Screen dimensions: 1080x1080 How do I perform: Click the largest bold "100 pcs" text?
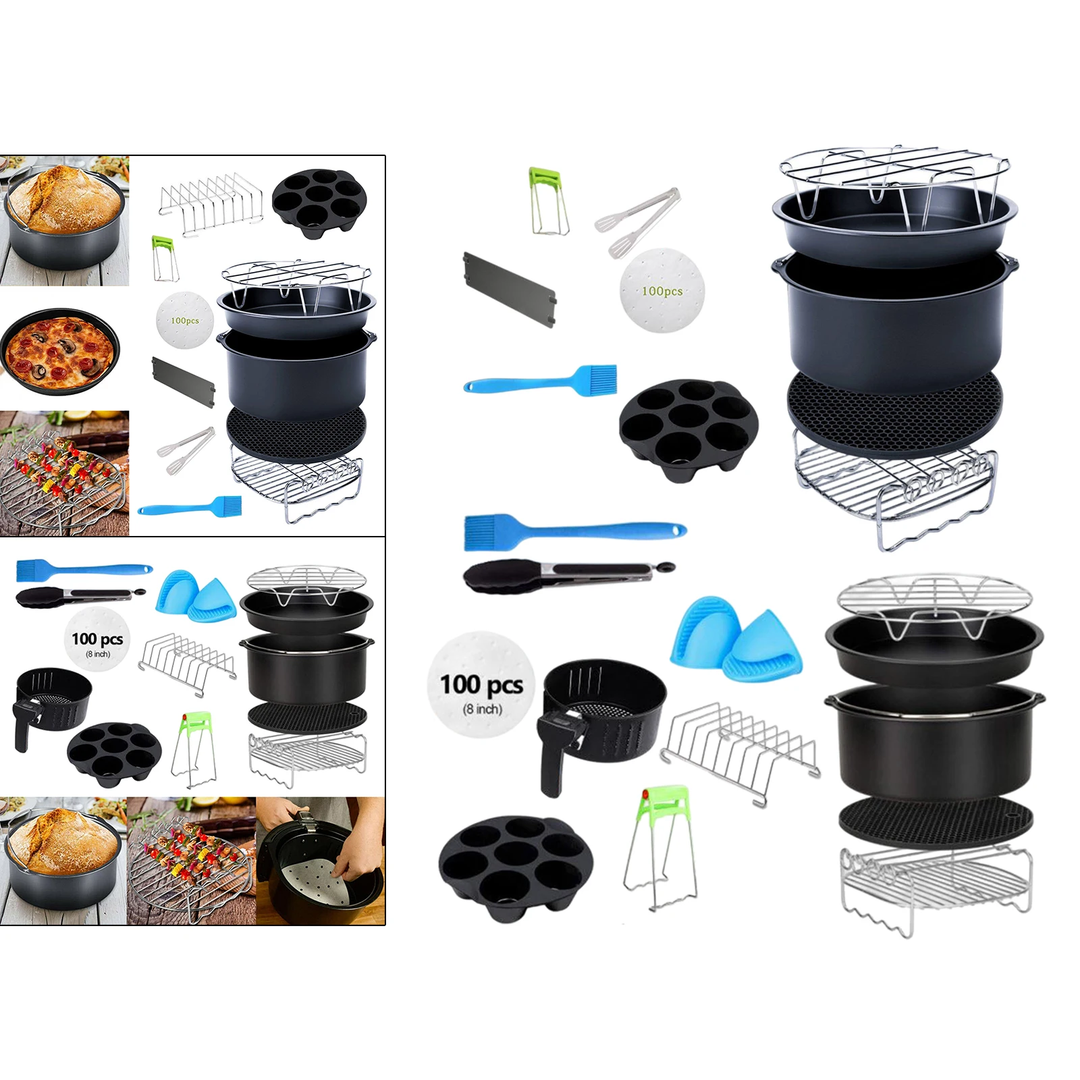[481, 684]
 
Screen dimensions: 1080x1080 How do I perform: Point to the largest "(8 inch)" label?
[482, 709]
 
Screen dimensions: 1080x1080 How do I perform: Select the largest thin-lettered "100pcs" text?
[661, 291]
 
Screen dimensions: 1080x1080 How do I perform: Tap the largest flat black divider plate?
[509, 290]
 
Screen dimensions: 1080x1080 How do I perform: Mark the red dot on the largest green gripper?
[645, 794]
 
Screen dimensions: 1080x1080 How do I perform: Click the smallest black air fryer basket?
[53, 702]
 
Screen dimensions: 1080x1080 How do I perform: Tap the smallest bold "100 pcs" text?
[97, 639]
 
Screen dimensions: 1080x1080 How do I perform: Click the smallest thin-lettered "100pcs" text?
[184, 321]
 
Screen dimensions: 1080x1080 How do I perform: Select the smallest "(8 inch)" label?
[98, 654]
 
